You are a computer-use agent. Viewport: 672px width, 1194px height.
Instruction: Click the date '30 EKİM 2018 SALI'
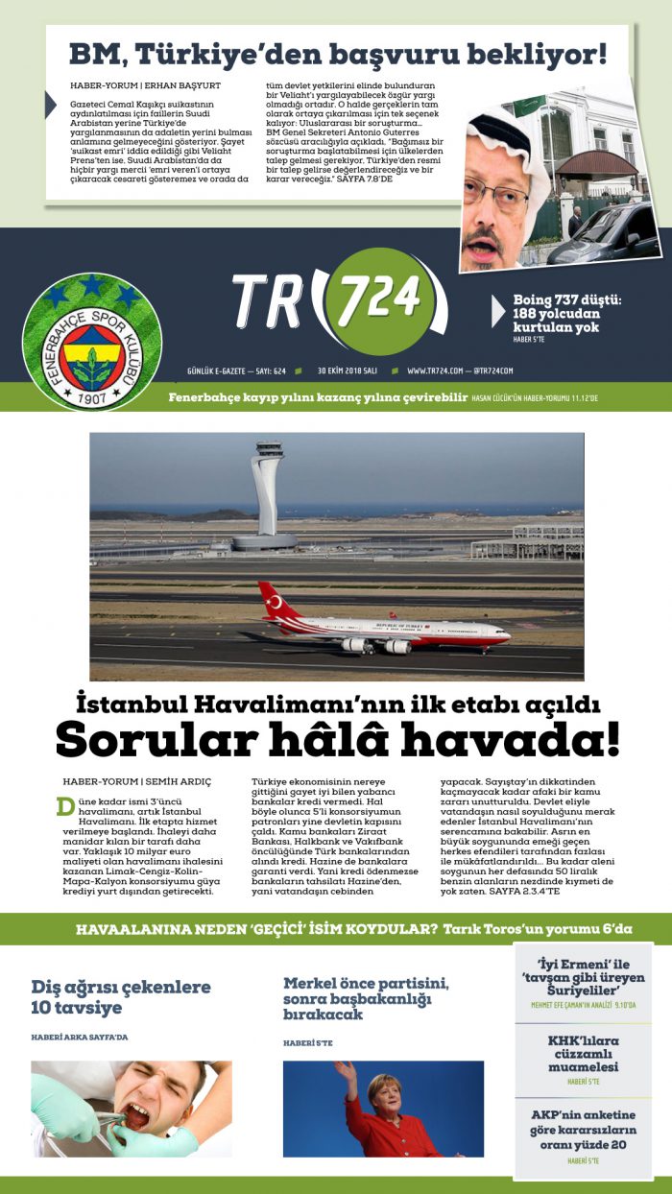[350, 370]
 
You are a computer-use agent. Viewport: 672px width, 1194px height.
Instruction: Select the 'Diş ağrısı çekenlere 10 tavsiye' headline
[121, 996]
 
